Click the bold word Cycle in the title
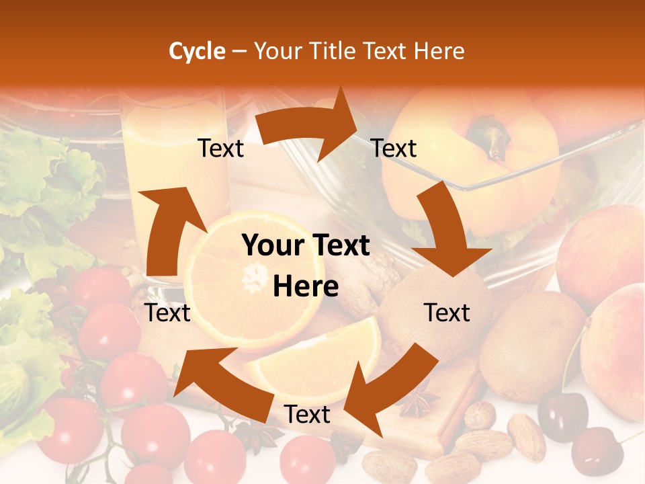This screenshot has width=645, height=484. coord(197,51)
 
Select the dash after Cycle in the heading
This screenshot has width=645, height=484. coord(239,52)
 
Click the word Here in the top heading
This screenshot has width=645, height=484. coord(439,51)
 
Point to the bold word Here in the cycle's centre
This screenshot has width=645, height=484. coord(306,287)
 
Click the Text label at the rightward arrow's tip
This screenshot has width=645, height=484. coord(394,148)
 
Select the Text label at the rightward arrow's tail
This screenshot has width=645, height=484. coord(220,148)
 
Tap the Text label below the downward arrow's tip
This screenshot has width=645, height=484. coord(447,313)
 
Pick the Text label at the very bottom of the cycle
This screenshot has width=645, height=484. coord(306,415)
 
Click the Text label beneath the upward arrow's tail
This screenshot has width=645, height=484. coord(167,313)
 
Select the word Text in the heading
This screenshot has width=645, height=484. coord(387,51)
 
